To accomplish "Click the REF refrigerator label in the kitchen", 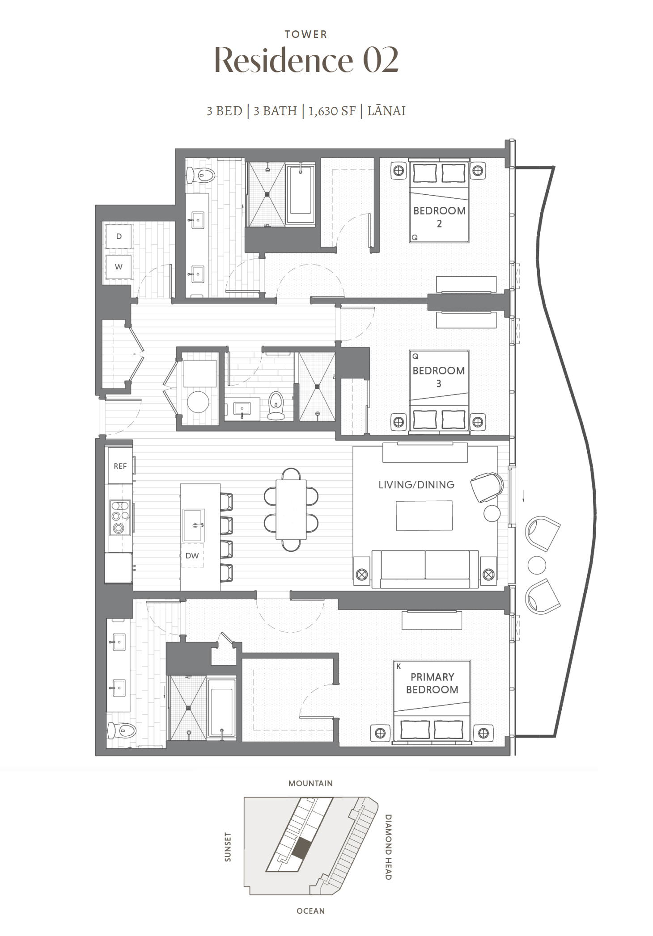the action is click(120, 466).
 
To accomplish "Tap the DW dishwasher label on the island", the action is click(192, 556).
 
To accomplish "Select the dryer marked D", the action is click(119, 236).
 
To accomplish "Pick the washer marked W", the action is click(119, 267).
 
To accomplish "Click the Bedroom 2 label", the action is click(439, 217).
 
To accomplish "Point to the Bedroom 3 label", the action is click(439, 377).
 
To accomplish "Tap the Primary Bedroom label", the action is click(432, 683).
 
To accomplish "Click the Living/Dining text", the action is click(416, 485).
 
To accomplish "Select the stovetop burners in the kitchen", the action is click(120, 517).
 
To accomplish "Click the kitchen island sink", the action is click(194, 525).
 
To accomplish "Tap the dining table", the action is click(291, 509).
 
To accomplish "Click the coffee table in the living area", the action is click(424, 515).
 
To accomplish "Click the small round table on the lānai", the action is click(537, 565).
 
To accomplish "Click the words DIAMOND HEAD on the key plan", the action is click(388, 847).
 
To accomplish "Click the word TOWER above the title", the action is click(306, 34).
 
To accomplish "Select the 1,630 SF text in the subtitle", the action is click(332, 111).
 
